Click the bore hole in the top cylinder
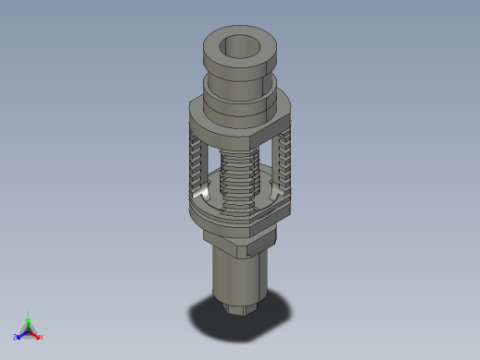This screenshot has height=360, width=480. pos(243,45)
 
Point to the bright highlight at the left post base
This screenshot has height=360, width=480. pos(201,195)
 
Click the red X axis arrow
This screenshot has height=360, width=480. pos(36,334)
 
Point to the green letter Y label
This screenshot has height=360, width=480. pos(30,313)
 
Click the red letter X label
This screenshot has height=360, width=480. pos(42,337)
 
